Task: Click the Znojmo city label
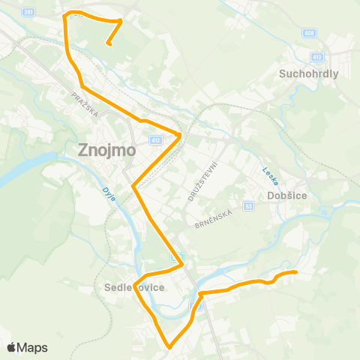coord(107,149)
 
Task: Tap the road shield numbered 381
coord(28,13)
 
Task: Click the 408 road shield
coord(310,32)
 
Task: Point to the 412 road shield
coord(155,139)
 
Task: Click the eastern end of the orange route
coord(296,271)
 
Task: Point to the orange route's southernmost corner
coord(170,347)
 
